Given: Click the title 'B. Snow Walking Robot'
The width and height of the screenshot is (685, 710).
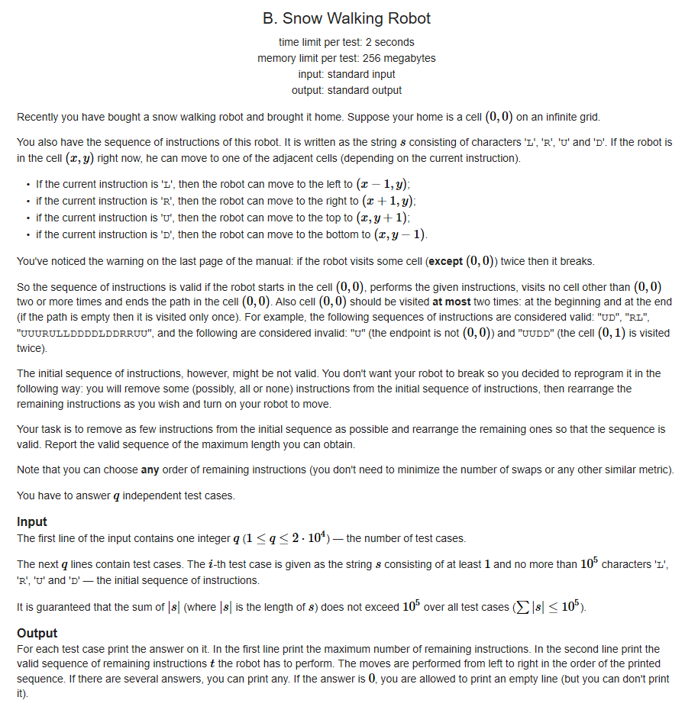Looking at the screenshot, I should click(347, 18).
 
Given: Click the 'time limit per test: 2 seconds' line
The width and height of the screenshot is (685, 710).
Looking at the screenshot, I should click(347, 42).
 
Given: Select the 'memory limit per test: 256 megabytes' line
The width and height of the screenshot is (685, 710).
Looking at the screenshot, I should click(347, 58).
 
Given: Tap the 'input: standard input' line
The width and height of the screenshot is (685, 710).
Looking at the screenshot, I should click(347, 74).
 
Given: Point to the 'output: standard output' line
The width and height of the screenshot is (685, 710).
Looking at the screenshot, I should click(347, 90).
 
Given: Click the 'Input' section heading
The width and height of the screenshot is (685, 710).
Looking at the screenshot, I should click(32, 521).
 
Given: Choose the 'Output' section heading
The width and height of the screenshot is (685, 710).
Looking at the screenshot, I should click(37, 633).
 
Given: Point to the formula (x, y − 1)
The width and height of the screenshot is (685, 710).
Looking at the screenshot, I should click(399, 234).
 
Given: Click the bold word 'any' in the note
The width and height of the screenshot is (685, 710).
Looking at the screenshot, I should click(151, 469).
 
